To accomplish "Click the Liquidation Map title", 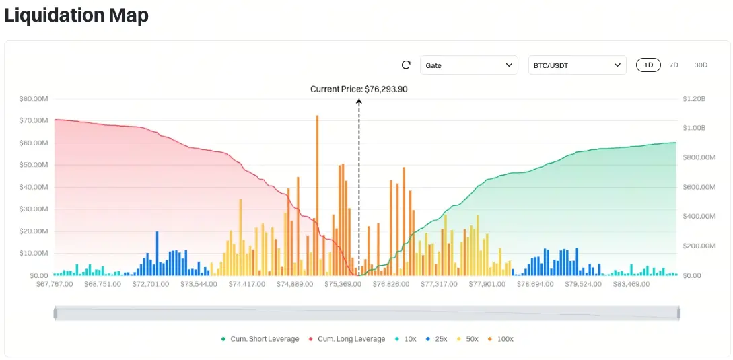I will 76,15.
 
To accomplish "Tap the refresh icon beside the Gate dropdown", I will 406,65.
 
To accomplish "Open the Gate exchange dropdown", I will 469,65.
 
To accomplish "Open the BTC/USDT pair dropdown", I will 577,65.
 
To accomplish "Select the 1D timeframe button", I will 648,65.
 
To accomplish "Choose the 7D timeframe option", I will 674,65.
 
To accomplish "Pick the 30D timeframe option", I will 701,65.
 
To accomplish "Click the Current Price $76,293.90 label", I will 359,89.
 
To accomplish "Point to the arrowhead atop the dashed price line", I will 359,102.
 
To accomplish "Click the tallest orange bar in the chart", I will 316,195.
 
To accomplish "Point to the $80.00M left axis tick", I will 34,99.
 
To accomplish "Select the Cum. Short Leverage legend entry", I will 260,339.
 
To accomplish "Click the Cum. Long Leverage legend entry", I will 347,339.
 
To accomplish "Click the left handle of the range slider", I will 56,313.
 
